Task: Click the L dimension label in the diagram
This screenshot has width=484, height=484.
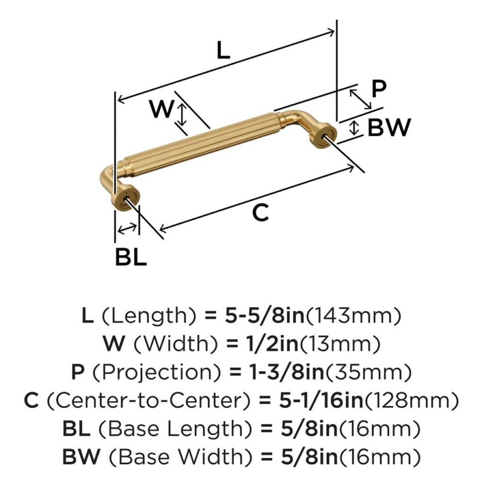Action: [223, 50]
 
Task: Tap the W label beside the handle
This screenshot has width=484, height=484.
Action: [162, 109]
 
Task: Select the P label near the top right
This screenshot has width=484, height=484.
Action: [379, 89]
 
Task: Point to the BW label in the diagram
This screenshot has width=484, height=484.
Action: [389, 127]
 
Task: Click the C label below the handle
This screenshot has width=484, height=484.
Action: [261, 213]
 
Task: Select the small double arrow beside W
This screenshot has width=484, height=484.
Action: [183, 114]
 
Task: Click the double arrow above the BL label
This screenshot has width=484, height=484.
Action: [127, 229]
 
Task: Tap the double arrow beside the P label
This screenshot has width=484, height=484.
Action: [360, 99]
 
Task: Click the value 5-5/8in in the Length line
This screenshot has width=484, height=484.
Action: [264, 316]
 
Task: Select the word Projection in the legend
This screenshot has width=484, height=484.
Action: [157, 372]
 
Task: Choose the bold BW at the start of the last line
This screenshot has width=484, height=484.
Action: [82, 457]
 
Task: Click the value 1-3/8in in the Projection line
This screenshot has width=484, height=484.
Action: [286, 372]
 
